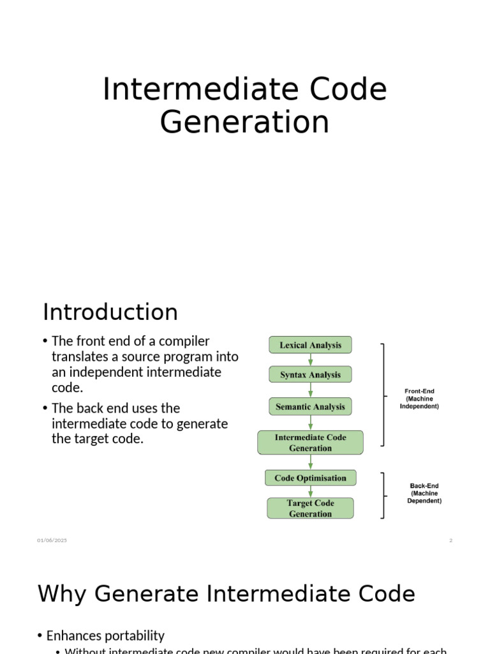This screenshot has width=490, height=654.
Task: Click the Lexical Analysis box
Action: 310,346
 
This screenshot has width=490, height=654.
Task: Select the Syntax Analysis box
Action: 310,375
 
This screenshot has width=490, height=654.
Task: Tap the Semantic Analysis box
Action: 310,406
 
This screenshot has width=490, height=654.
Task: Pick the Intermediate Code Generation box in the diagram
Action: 310,443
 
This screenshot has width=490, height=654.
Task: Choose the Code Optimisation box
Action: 310,478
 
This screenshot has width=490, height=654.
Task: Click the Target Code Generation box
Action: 310,508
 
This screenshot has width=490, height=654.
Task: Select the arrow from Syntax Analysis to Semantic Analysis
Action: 311,390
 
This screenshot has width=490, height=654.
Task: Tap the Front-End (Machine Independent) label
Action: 419,399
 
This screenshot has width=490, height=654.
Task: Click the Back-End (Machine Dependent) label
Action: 424,493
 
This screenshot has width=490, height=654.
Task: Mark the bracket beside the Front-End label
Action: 383,394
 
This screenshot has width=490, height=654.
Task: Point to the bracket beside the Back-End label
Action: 383,496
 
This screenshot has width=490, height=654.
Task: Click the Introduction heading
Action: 110,312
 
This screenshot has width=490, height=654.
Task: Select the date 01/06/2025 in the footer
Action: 52,540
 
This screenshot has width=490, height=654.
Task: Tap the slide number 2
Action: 450,540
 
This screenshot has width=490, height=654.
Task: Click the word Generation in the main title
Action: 244,122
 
